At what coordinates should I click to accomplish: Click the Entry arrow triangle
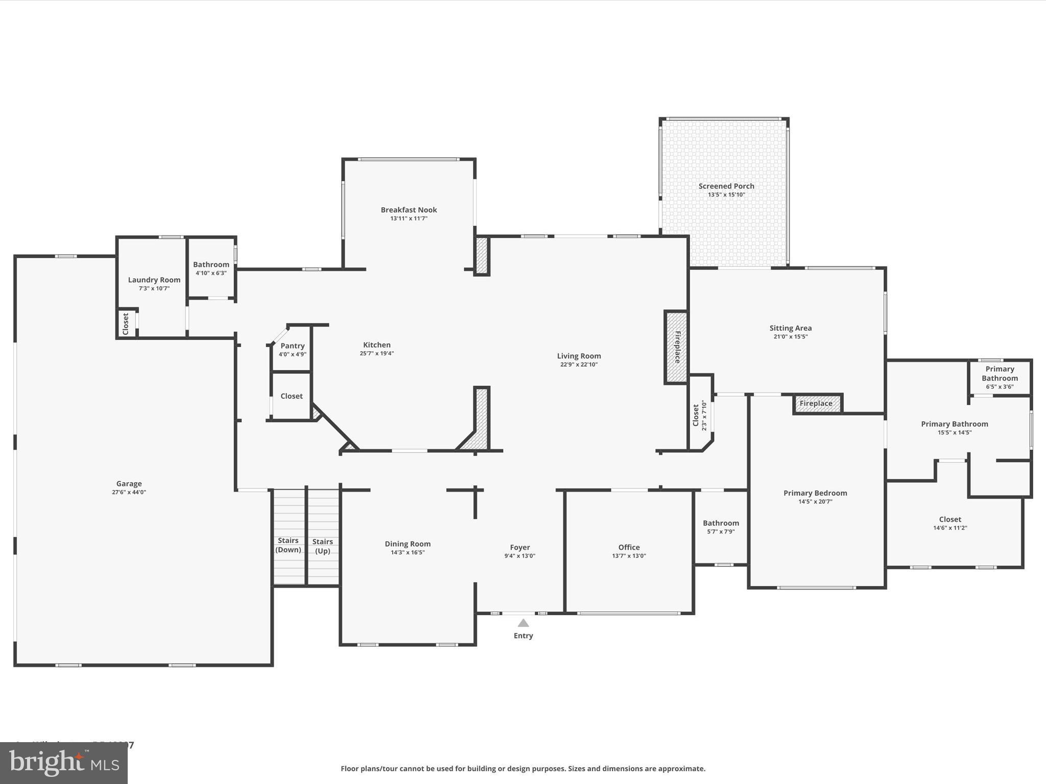click(523, 623)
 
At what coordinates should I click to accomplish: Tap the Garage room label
click(129, 483)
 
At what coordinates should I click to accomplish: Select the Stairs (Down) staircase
click(289, 545)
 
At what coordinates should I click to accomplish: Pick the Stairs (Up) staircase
click(323, 546)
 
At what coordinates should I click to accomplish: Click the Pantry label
click(292, 346)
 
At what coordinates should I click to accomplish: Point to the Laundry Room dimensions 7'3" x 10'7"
click(154, 288)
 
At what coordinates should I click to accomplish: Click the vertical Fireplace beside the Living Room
click(676, 347)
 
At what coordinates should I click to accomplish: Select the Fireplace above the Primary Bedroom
click(816, 403)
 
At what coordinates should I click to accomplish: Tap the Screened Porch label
click(726, 186)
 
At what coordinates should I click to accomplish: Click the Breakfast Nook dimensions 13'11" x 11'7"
click(409, 218)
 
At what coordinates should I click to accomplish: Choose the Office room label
click(629, 547)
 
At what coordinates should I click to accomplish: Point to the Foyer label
click(520, 547)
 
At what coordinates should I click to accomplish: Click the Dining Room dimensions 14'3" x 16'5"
click(408, 552)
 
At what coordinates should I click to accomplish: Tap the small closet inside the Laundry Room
click(127, 324)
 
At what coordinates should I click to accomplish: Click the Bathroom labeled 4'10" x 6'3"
click(211, 268)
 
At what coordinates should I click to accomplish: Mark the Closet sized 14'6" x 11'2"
click(950, 523)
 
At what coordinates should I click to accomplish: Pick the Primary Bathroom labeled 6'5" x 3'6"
click(1000, 377)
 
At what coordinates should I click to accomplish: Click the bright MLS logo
click(64, 763)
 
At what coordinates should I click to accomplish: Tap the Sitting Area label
click(790, 328)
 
